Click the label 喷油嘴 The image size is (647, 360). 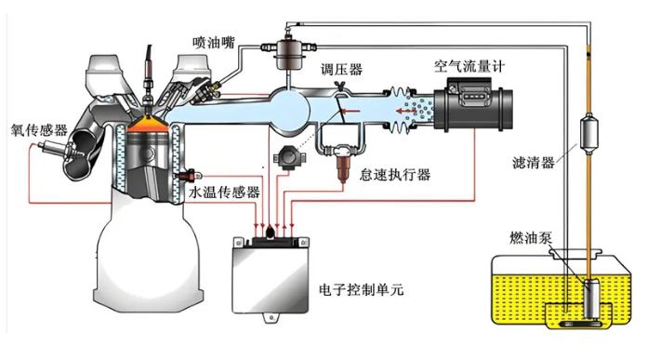213,43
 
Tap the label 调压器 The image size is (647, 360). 342,69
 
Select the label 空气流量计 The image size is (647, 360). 469,66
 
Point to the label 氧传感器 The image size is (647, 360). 39,130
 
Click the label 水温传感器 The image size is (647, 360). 224,192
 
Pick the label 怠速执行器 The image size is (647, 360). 395,175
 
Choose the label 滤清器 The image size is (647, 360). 533,163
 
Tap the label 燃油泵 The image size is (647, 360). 531,238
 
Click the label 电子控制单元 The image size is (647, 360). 362,289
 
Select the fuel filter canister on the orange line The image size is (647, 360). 588,133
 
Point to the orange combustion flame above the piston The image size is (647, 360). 148,125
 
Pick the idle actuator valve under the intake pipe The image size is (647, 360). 343,163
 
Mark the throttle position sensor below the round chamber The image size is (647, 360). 290,157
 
